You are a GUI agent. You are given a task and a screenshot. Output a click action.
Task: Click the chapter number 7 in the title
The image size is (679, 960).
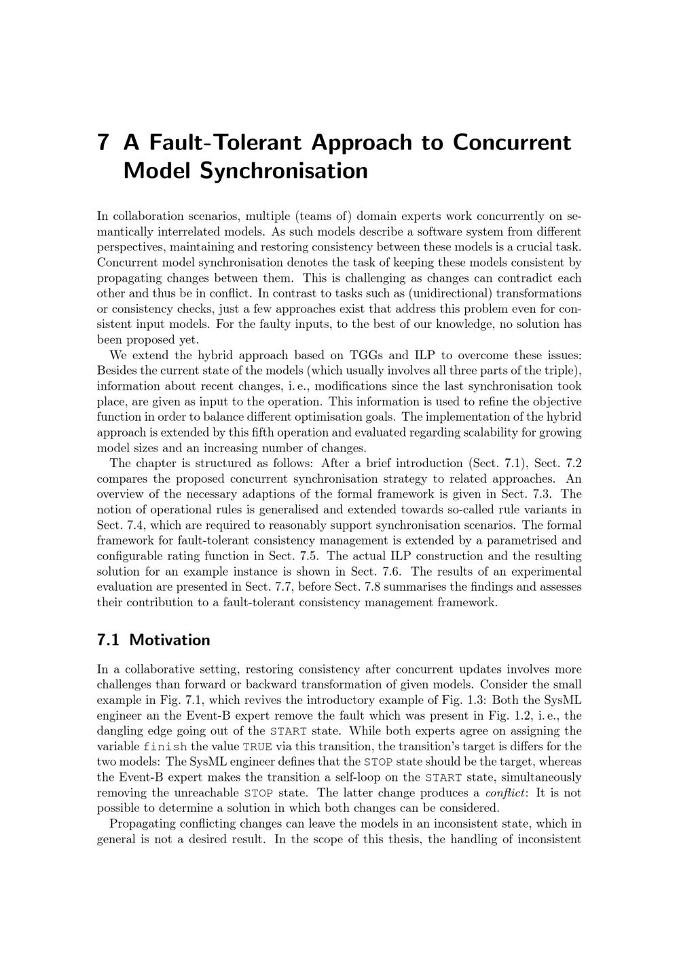[104, 143]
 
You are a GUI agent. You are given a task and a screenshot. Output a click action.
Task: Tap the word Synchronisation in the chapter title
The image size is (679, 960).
[284, 170]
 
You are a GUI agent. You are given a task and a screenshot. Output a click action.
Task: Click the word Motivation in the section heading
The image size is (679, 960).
[170, 640]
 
